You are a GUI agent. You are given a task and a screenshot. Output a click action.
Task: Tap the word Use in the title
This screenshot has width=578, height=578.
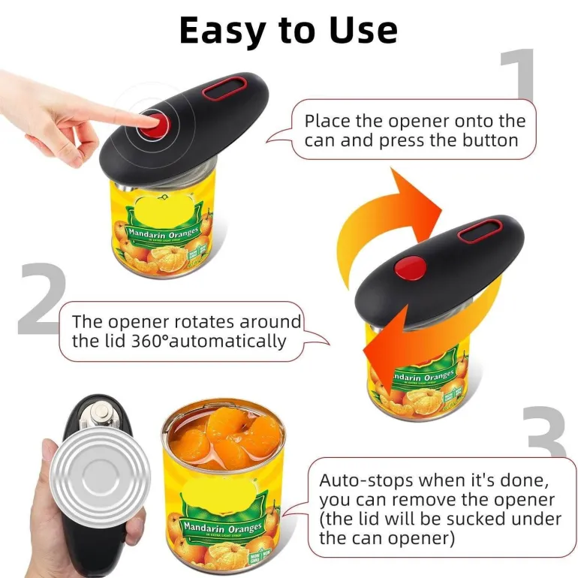pos(363,30)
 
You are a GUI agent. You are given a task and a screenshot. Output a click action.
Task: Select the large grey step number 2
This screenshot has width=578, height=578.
pos(41,299)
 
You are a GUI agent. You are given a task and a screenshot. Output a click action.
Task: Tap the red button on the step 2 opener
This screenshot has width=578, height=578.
pos(410,269)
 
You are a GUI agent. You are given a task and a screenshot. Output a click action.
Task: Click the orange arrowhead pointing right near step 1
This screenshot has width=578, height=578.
pos(417,199)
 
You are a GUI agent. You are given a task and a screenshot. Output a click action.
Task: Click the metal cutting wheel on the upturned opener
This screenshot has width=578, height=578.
pos(101,413)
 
